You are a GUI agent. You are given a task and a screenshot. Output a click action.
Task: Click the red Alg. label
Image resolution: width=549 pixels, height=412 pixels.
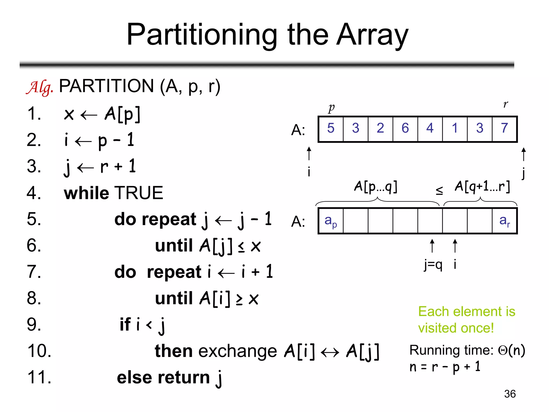[40, 87]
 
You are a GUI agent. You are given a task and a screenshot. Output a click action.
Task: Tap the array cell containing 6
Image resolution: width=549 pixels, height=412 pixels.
[405, 128]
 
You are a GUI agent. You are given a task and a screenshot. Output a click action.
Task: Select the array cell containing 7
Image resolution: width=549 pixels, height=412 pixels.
[505, 128]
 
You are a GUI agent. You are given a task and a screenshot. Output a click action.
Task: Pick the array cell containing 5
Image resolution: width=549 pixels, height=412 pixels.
[331, 128]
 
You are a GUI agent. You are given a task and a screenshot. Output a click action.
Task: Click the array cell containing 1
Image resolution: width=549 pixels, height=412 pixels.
[455, 128]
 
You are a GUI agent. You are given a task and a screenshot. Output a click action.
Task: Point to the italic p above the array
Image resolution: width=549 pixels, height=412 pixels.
[332, 108]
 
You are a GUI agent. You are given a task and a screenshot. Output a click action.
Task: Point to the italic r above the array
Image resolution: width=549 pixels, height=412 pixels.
[506, 104]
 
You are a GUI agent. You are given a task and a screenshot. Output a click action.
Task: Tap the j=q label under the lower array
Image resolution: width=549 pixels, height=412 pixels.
[433, 265]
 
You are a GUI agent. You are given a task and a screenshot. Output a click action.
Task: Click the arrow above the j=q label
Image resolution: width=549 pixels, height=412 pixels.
[432, 246]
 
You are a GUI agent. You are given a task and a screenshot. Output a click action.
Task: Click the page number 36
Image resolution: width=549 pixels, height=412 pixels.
[510, 394]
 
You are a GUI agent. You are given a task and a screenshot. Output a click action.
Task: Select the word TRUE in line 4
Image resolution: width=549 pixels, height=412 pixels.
[139, 193]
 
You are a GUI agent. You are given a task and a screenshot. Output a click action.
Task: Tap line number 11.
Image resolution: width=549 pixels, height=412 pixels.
[39, 377]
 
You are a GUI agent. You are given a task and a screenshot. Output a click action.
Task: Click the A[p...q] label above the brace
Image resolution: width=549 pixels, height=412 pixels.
[376, 187]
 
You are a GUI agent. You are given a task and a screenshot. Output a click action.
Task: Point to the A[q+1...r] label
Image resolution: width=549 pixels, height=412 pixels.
[482, 187]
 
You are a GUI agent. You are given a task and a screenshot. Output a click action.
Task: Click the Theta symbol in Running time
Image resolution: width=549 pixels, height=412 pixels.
[502, 350]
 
